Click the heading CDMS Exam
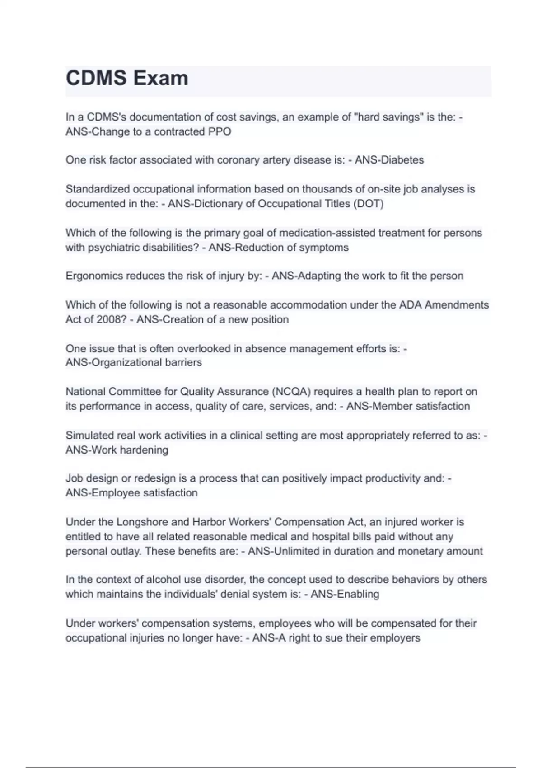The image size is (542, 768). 127,78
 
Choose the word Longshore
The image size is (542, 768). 142,522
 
